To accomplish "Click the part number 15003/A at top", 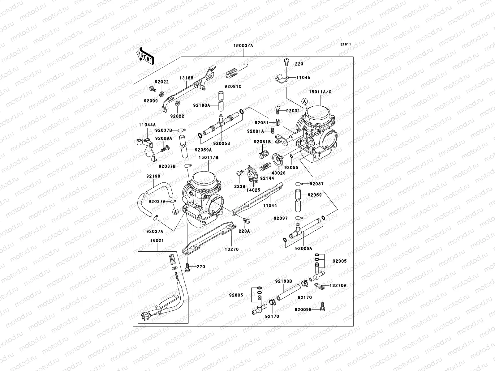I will point(243,45).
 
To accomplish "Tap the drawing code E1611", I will point(346,45).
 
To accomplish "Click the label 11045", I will point(303,78).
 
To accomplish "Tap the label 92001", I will point(293,111).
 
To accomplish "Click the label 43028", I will point(279,173).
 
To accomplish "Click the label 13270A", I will point(338,286).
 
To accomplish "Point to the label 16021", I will point(157,240).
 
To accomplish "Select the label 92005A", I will point(303,248).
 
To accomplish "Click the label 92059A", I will point(203,150).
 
